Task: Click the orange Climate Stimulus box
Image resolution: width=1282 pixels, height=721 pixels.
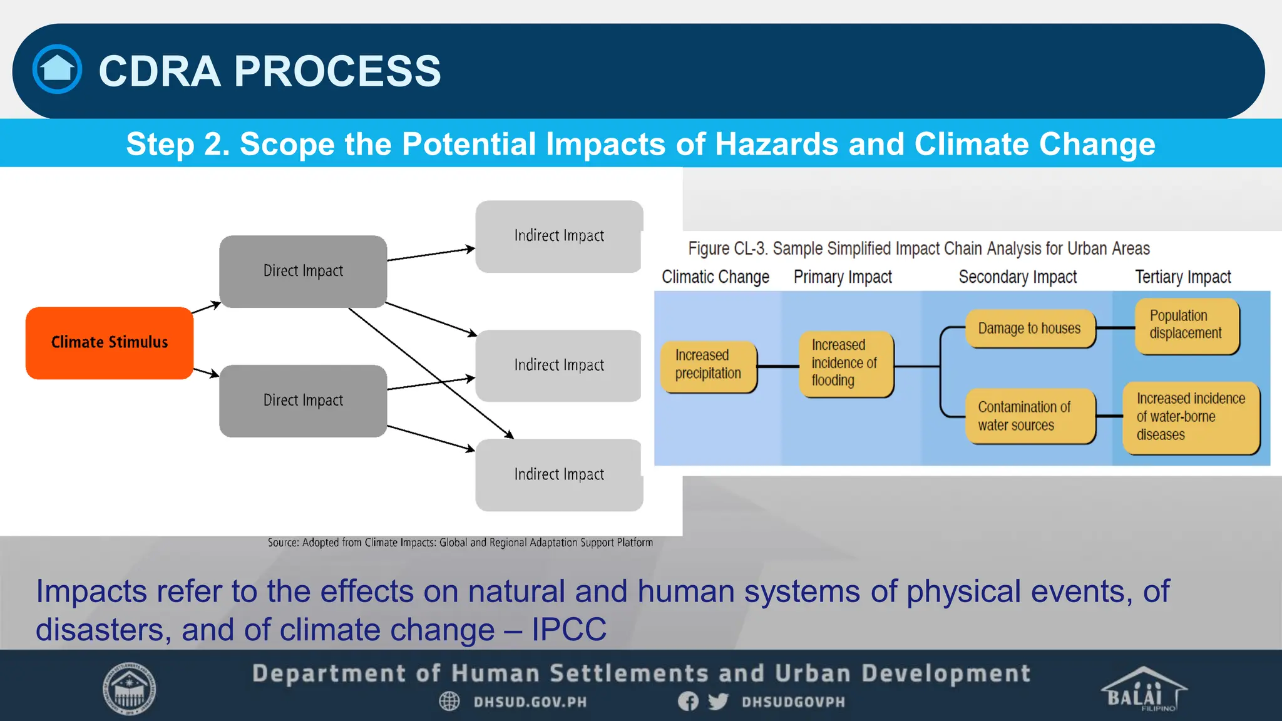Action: [110, 342]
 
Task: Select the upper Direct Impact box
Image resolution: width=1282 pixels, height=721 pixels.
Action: [303, 271]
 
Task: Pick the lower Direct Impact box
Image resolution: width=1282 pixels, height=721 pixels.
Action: [303, 401]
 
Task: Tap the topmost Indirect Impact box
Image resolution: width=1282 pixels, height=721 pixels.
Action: [558, 236]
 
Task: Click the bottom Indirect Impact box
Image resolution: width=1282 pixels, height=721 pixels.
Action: [558, 474]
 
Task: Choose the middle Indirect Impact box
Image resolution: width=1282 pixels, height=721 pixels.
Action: [558, 365]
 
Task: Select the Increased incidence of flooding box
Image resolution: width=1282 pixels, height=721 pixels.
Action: [845, 364]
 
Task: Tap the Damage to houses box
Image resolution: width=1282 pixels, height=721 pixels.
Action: [1030, 329]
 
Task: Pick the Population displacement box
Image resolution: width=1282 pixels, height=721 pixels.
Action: [1186, 325]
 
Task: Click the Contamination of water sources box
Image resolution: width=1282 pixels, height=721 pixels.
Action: [1030, 416]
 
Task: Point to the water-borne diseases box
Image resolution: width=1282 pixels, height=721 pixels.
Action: [1190, 417]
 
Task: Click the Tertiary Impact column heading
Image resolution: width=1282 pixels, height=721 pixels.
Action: [1182, 277]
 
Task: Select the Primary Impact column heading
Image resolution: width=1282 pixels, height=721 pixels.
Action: [843, 277]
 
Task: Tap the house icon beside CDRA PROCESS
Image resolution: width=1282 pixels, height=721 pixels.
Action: [57, 69]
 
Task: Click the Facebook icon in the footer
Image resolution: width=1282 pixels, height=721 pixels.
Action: [688, 702]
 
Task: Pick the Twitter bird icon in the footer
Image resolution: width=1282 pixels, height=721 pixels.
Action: [718, 702]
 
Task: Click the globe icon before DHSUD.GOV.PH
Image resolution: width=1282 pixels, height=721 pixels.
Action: [449, 702]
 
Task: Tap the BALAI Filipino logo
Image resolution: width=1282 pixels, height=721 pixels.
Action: [1142, 690]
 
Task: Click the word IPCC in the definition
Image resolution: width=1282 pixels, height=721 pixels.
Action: [568, 630]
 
